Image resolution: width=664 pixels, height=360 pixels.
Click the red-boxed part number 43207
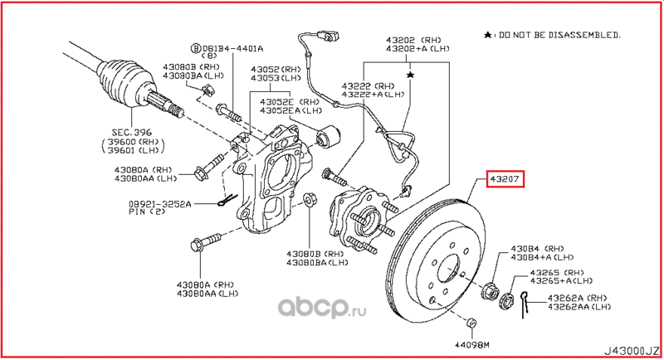point(505,179)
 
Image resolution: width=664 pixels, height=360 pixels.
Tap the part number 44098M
point(472,345)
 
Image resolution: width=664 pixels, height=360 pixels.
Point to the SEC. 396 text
point(132,133)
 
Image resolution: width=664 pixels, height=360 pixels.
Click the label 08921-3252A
point(160,204)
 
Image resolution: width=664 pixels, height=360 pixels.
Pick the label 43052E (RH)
point(290,102)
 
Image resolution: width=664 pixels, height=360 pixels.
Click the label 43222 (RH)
point(367,86)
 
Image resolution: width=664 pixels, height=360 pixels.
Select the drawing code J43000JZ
point(632,351)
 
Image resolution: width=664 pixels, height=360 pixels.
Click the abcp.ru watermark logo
point(322,308)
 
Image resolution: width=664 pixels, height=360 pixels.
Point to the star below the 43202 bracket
point(410,75)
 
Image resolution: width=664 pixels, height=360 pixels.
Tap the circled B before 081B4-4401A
point(196,48)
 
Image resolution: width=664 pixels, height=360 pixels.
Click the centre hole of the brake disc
point(448,269)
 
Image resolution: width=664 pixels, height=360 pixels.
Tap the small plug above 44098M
point(471,323)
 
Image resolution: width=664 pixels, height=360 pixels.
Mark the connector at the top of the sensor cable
point(328,36)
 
